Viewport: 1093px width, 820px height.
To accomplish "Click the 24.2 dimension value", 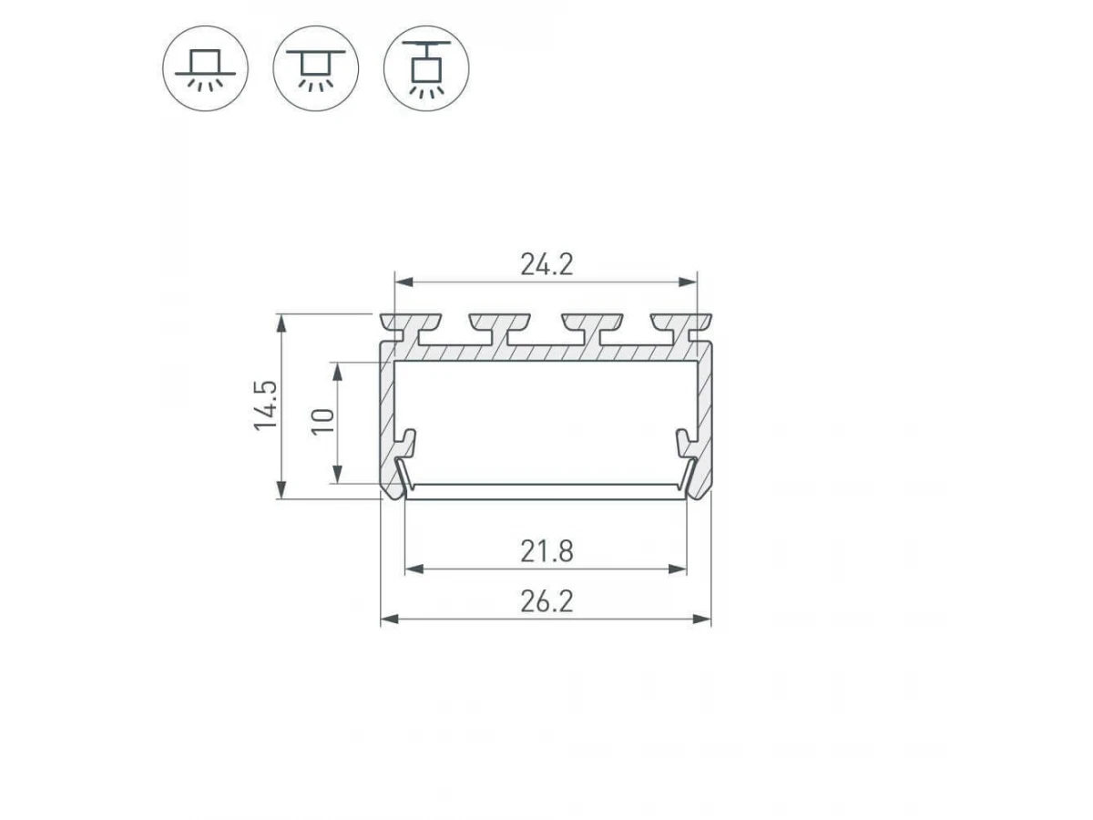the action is coord(546,264).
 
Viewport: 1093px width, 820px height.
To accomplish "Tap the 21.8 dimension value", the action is coord(546,551).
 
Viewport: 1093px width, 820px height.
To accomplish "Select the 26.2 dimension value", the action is coord(546,601).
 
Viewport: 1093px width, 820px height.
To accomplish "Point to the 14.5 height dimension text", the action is coord(265,405).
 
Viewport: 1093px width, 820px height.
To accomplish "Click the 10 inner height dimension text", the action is coord(322,422).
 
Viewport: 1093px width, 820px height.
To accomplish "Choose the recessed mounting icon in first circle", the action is coord(205,68).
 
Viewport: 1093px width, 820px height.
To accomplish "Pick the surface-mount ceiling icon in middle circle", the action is coord(316,68).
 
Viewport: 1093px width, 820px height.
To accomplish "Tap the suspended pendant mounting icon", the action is coord(426,68).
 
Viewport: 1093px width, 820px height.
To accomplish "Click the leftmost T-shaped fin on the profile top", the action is coord(411,328).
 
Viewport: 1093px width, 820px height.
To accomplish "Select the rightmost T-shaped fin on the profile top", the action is coord(680,328).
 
